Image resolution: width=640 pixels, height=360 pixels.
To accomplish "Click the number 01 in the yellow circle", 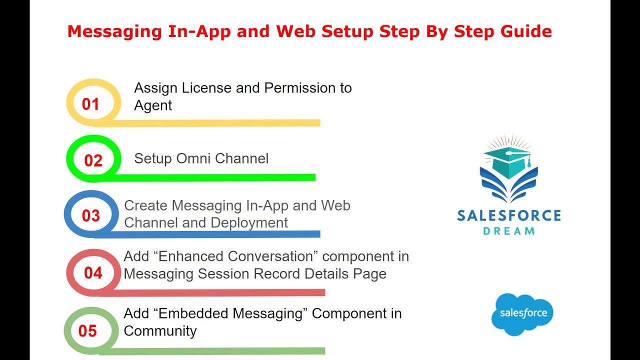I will tap(90, 104).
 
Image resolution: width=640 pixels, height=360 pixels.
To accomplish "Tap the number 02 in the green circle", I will tap(93, 160).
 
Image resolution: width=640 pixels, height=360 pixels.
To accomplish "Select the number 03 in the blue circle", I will tap(91, 216).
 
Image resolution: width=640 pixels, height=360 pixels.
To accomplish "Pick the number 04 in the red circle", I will tap(93, 273).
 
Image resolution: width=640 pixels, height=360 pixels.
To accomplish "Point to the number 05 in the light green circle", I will tap(87, 331).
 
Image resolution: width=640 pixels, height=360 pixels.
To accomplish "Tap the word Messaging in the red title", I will tap(111, 31).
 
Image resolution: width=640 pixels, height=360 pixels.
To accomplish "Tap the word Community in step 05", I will tap(160, 331).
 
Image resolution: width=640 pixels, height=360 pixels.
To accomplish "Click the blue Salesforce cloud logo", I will tap(522, 314).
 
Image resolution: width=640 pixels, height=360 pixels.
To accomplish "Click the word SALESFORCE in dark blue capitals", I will tap(509, 216).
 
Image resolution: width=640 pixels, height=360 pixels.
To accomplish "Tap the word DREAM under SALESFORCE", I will tap(509, 231).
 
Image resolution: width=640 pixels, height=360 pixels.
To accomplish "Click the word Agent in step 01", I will tap(153, 105).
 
